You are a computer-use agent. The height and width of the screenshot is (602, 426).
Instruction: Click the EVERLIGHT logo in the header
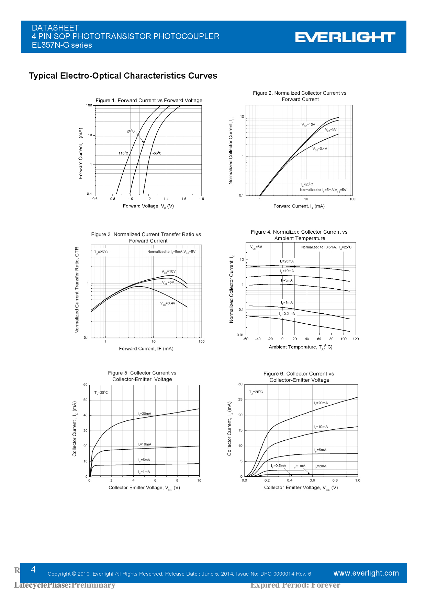[345, 37]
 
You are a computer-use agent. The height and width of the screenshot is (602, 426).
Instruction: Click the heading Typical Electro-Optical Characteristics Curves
[123, 76]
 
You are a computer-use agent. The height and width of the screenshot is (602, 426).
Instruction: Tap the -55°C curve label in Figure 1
[157, 153]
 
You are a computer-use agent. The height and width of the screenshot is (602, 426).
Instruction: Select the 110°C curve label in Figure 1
[123, 153]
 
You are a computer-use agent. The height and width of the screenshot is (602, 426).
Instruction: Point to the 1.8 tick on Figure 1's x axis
[201, 199]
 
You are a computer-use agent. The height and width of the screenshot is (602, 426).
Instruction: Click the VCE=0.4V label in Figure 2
[320, 149]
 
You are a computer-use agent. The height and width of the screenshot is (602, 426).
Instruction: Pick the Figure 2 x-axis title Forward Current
[299, 206]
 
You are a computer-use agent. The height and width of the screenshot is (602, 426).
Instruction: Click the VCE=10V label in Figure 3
[169, 271]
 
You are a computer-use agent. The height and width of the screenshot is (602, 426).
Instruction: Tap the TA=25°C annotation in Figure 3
[101, 252]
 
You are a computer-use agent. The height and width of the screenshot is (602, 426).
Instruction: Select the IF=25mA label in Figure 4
[287, 262]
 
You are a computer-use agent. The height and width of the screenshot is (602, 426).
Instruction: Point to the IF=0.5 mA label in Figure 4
[287, 314]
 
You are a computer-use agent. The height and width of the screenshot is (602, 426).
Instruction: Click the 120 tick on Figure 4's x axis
[356, 339]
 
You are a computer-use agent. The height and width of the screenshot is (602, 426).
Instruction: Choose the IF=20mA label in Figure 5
[144, 414]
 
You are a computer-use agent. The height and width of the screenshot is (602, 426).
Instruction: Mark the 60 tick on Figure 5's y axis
[86, 385]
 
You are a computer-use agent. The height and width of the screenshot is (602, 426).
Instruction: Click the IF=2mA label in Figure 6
[320, 466]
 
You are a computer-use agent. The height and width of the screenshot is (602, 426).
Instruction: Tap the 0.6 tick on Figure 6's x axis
[312, 481]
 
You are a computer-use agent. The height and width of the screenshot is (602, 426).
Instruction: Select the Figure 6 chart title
[299, 377]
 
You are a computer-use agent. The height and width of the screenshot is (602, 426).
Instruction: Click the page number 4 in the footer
[33, 570]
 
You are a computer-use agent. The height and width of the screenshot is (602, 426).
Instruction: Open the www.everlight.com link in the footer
[366, 573]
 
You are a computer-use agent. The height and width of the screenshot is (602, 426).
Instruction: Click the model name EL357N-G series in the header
[62, 45]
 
